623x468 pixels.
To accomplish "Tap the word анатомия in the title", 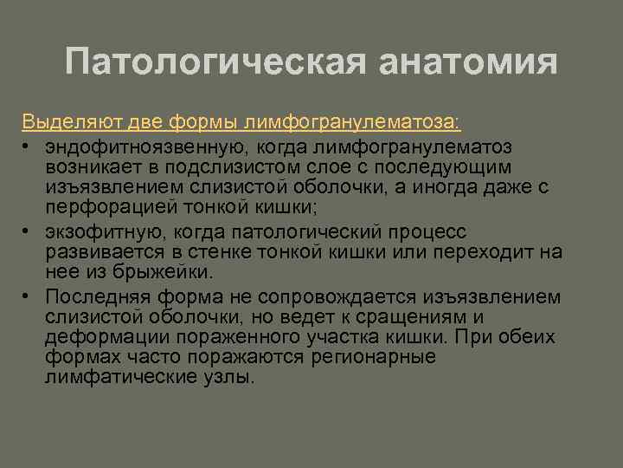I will click(467, 62).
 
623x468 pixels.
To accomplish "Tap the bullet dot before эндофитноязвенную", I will click(28, 144).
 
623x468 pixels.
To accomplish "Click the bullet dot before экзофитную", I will click(28, 231).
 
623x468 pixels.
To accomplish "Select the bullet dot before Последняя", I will click(28, 296).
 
